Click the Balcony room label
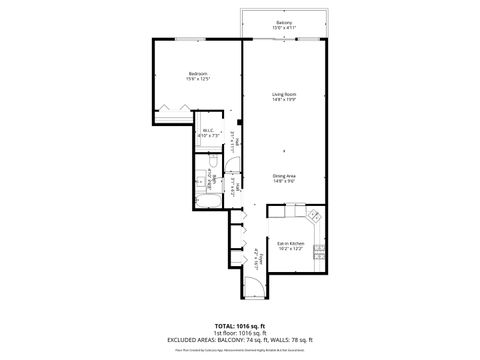coord(284,21)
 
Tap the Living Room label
coord(284,94)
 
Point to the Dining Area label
coord(284,176)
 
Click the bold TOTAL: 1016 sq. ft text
coord(240,327)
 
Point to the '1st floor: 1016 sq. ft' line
coord(240,334)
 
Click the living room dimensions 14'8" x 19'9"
coord(284,100)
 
